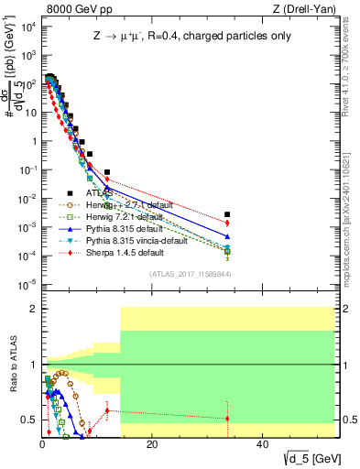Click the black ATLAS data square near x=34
click(x=227, y=214)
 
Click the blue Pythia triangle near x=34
click(x=227, y=236)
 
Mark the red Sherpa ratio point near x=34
click(x=227, y=419)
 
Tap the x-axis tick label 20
click(x=152, y=444)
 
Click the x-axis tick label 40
click(x=262, y=444)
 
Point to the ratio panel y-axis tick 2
click(x=33, y=309)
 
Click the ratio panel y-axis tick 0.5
click(x=29, y=420)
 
